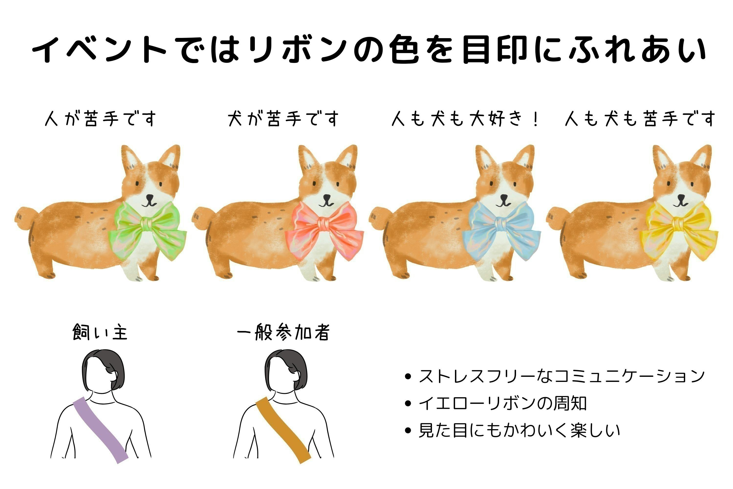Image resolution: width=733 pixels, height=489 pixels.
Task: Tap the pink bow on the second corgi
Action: [324, 229]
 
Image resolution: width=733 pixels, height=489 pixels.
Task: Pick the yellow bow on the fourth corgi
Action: [679, 229]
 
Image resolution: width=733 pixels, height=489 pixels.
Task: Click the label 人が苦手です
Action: [100, 119]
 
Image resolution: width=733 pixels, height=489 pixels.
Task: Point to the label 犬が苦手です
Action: [283, 119]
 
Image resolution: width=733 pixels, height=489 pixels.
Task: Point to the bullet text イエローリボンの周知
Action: [502, 403]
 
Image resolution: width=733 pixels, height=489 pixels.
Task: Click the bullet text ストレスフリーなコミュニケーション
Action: [561, 376]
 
